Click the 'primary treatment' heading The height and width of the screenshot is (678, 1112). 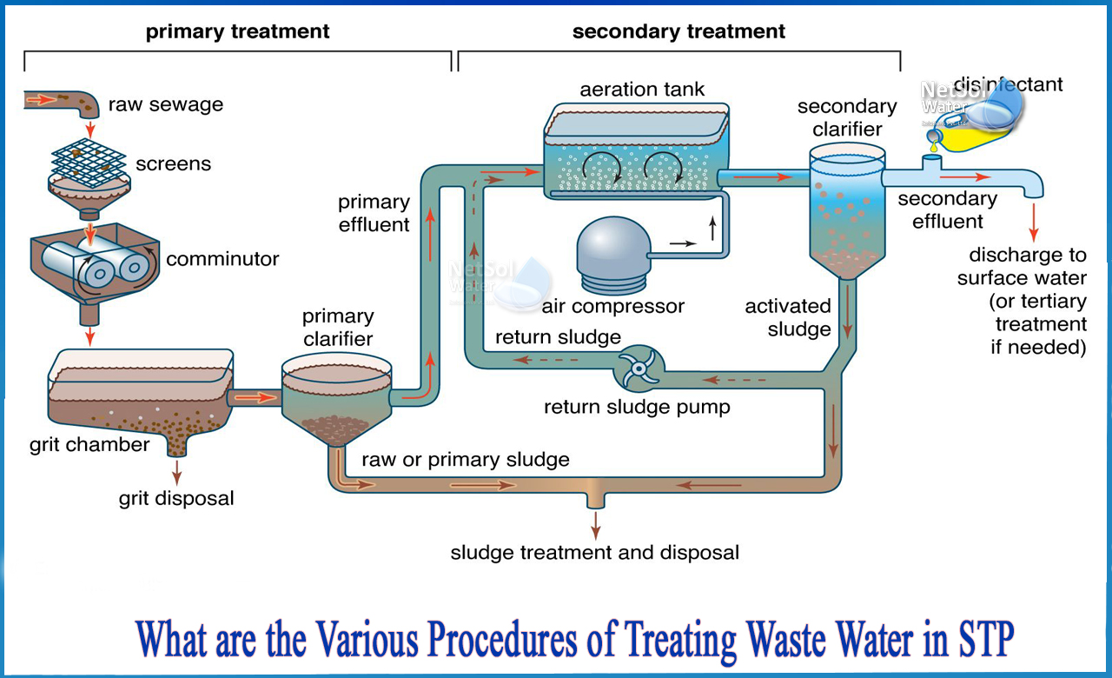pos(237,32)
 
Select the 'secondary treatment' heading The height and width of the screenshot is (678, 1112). pos(678,32)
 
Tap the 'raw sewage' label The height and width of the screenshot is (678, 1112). pos(165,105)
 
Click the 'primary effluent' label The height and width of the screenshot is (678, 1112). pos(374,213)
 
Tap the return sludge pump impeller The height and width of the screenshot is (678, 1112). pos(639,369)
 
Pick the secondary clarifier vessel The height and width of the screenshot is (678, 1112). pos(846,209)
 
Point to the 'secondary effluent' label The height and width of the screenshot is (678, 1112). pos(947,209)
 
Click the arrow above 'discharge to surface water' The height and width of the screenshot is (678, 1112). pos(1034,223)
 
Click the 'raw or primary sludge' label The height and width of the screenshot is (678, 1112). pos(466,460)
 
